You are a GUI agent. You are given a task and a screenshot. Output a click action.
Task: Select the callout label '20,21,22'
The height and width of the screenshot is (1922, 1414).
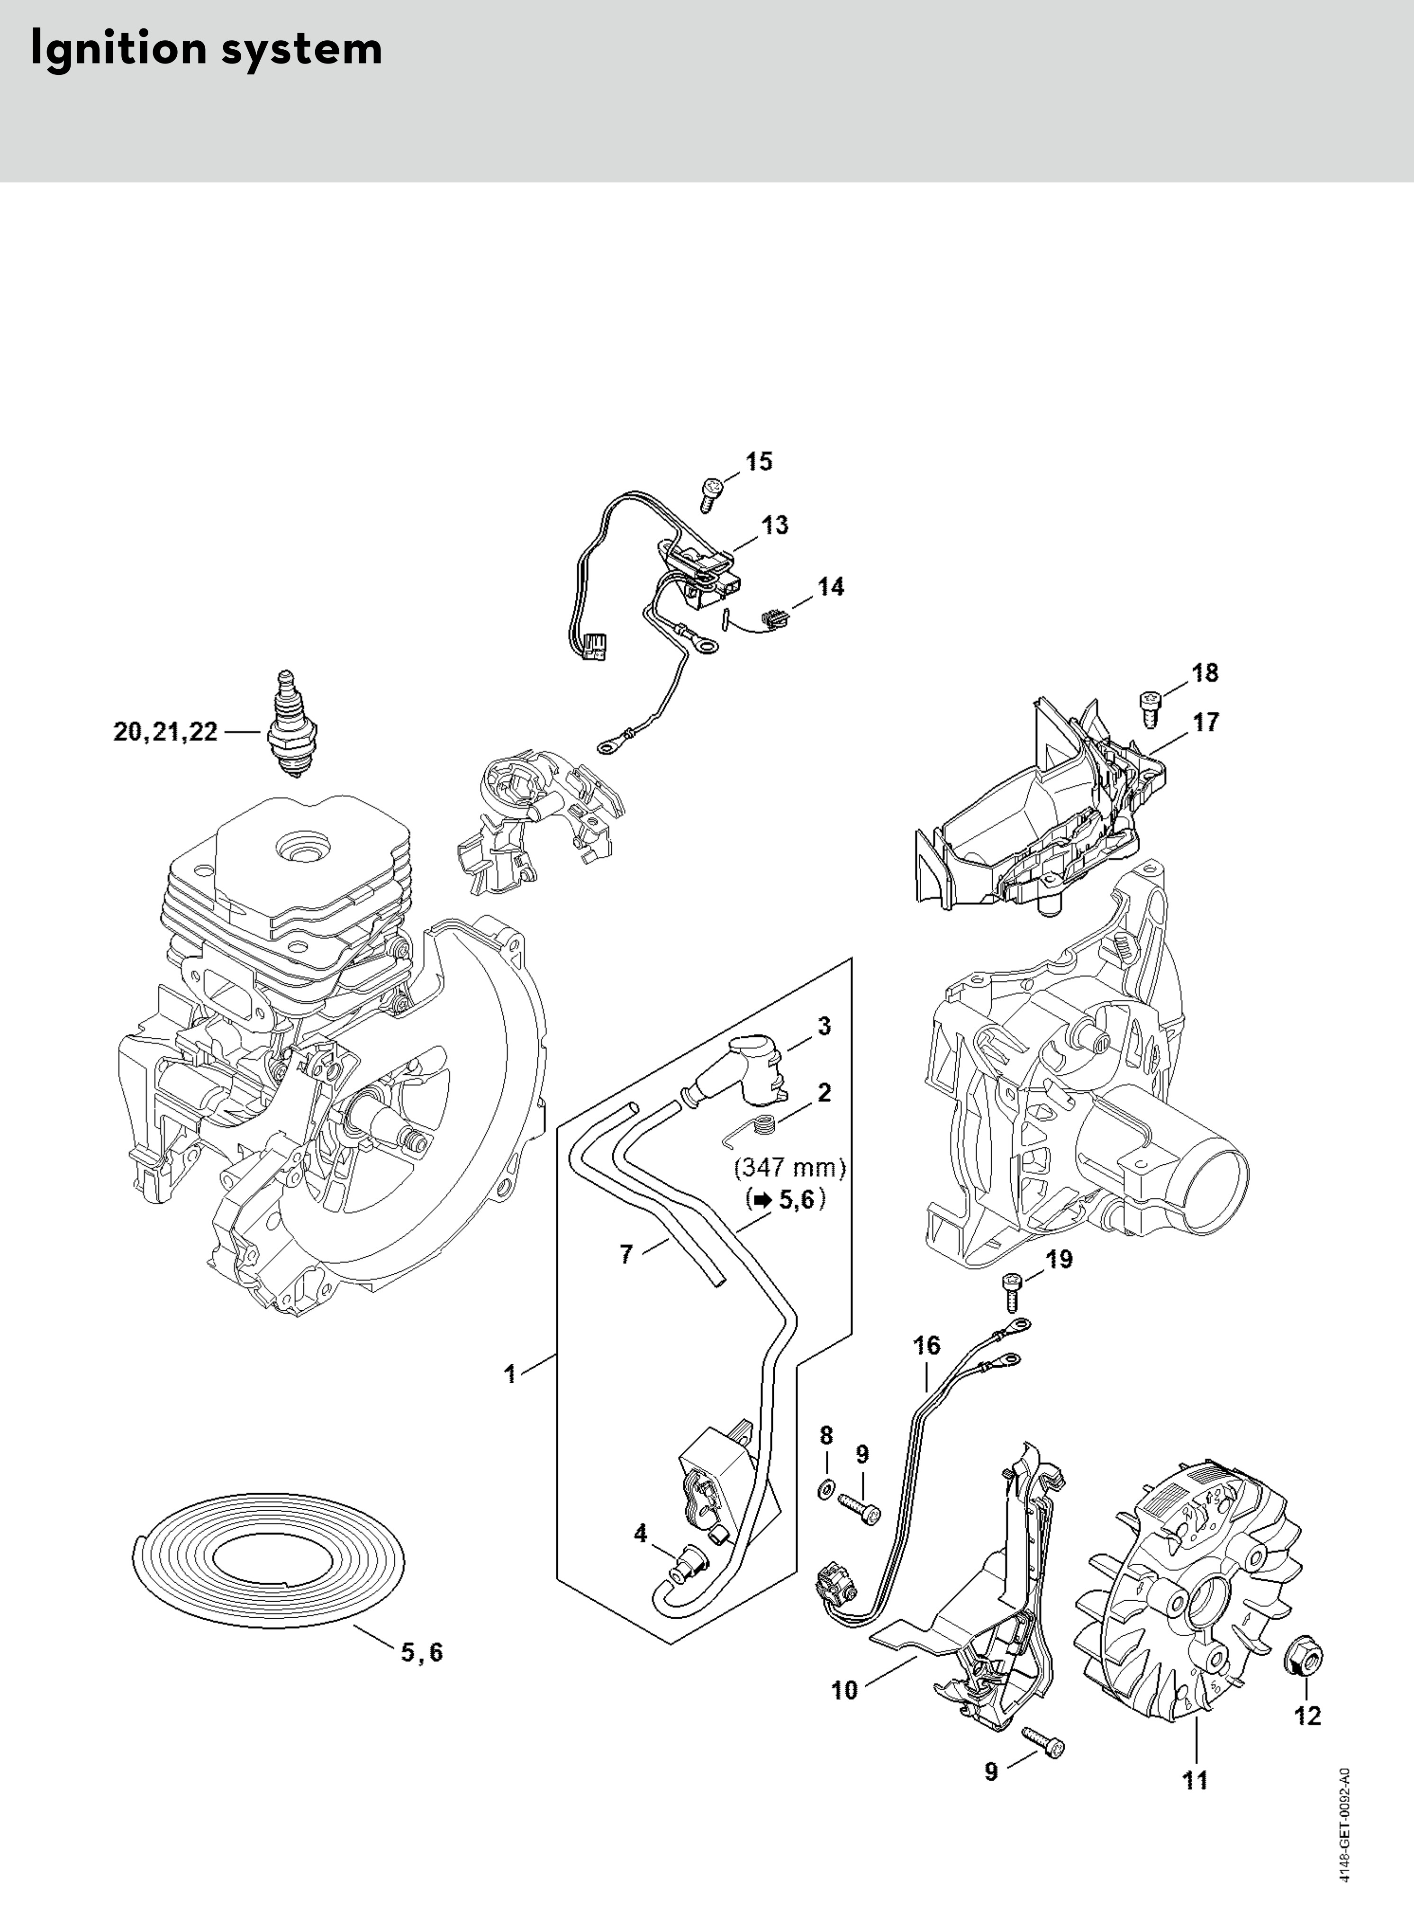pos(166,733)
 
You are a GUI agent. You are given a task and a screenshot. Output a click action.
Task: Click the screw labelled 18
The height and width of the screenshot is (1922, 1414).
pos(1151,707)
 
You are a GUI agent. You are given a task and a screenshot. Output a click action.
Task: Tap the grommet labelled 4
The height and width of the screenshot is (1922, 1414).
pos(687,1568)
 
